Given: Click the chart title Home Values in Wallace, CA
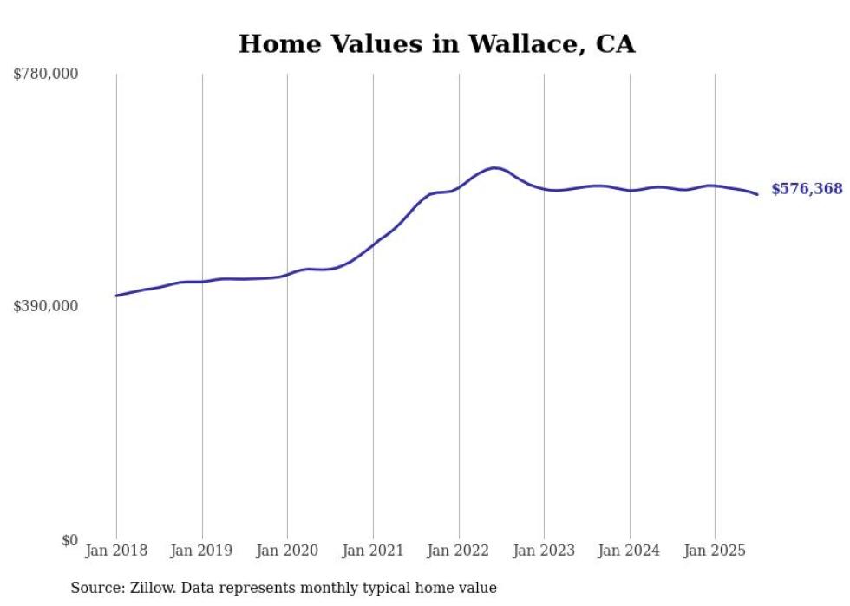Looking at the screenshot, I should click(x=436, y=44).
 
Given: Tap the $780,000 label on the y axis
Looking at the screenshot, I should click(x=45, y=75).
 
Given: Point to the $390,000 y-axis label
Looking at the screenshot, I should click(x=45, y=306).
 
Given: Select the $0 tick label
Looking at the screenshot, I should click(x=69, y=540).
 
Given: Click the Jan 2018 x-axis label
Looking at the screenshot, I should click(x=116, y=551).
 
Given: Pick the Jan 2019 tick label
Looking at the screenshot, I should click(x=202, y=551).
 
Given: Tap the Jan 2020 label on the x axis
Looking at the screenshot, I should click(x=287, y=551).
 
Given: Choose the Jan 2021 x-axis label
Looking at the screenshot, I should click(x=373, y=551).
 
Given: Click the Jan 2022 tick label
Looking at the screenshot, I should click(x=459, y=551).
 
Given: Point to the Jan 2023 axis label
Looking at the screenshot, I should click(x=544, y=551).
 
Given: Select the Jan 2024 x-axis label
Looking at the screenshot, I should click(x=630, y=551).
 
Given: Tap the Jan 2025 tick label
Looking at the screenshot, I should click(x=715, y=551).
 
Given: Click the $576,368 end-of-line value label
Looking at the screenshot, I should click(x=807, y=189).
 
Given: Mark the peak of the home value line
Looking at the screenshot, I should click(x=494, y=168).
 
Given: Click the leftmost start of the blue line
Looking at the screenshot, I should click(x=116, y=296).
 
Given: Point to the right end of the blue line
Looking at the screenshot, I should click(x=757, y=194).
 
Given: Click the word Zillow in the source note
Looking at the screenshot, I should click(x=154, y=588).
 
